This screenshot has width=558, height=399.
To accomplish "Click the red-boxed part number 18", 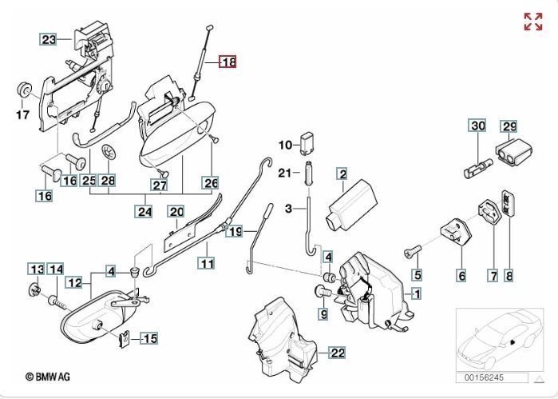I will pyautogui.click(x=228, y=62).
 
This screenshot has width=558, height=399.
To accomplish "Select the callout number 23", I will pyautogui.click(x=49, y=39).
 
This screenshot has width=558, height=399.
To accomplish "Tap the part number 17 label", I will pyautogui.click(x=22, y=114).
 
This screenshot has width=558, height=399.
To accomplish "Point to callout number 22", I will pyautogui.click(x=338, y=352).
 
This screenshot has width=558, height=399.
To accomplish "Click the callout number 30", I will pyautogui.click(x=477, y=126).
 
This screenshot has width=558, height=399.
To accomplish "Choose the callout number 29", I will pyautogui.click(x=509, y=126).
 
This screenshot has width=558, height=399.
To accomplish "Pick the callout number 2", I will pyautogui.click(x=341, y=174).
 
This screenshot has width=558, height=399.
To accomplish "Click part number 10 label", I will pyautogui.click(x=286, y=145).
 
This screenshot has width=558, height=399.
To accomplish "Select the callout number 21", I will pyautogui.click(x=286, y=173).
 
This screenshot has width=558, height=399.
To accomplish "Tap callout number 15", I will pyautogui.click(x=148, y=338).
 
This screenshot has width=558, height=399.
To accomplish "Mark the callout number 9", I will pyautogui.click(x=323, y=315).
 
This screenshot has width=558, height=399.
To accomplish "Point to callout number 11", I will pyautogui.click(x=207, y=263).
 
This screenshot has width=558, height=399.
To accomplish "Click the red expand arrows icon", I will pyautogui.click(x=532, y=22).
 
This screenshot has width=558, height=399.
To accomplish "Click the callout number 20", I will pyautogui.click(x=176, y=211).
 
